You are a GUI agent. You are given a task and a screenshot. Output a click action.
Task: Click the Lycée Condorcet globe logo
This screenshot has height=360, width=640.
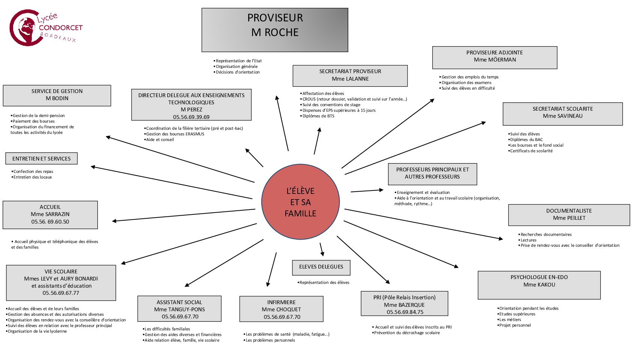coord(25,27)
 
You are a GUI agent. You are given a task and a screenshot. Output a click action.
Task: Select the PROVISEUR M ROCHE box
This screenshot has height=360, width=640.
coord(275,30)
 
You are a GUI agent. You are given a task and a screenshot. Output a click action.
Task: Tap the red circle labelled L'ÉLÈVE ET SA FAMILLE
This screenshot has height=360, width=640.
coord(300,202)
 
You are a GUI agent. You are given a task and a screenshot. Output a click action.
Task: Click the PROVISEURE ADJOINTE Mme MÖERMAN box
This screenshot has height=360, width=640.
coord(495,57)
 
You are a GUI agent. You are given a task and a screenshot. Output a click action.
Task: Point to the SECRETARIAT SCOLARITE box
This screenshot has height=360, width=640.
coord(562,114)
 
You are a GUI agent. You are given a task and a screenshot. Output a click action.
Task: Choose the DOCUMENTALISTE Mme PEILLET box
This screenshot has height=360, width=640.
coord(569,215)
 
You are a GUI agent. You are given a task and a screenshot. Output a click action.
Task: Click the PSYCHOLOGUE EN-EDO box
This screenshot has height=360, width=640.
coord(539,285)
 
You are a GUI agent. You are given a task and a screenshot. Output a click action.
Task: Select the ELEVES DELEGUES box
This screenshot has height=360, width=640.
coord(321,267)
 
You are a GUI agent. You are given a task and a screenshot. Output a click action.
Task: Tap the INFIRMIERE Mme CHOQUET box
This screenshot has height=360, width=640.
coord(281,309)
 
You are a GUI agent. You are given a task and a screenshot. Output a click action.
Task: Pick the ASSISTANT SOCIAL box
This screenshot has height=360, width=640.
coord(179,309)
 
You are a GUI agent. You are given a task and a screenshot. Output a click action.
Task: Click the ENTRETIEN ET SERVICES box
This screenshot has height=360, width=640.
coord(41,159)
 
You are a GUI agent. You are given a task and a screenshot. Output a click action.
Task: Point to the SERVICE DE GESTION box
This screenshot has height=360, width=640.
coord(57,95)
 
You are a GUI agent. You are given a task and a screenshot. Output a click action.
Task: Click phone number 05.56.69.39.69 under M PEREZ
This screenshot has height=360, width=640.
coord(191,117)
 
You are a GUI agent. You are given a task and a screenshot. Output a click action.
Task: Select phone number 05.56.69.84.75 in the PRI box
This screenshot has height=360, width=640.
coord(405,312)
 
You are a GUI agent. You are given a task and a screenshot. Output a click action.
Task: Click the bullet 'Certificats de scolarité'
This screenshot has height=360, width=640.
coord(531,151)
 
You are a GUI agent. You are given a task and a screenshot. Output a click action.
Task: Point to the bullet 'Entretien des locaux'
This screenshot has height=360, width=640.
coord(33,177)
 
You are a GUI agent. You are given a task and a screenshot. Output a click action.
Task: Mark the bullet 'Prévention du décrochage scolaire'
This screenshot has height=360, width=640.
coord(407,333)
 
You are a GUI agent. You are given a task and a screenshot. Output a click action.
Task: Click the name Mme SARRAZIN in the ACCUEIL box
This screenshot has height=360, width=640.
coord(50,214)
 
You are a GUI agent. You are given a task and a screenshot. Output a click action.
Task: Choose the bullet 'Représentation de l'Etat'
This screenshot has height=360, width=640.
coord(238,61)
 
